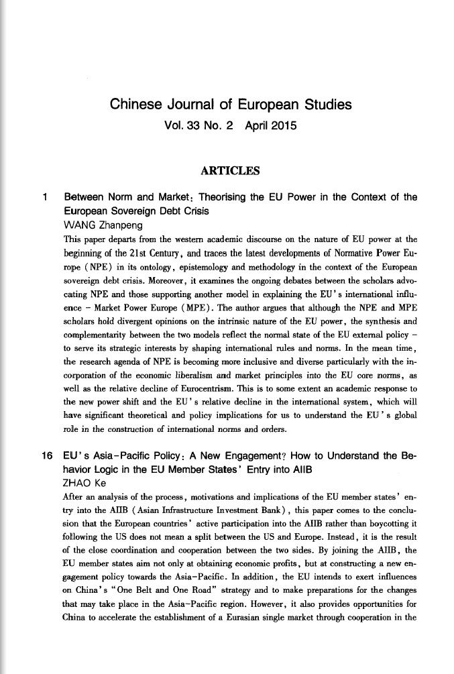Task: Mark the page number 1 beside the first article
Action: (x=44, y=198)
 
